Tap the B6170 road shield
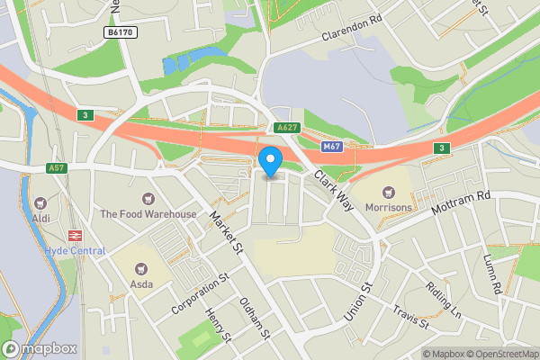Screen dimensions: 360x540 tap(120, 32)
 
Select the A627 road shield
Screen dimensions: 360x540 tap(287, 128)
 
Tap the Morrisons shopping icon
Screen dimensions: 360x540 tap(389, 191)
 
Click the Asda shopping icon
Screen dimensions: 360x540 tap(140, 267)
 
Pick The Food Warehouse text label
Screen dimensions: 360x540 tap(148, 214)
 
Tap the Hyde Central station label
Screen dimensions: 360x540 tap(75, 250)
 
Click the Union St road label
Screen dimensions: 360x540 tap(358, 305)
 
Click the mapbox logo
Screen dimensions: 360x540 tap(40, 349)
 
